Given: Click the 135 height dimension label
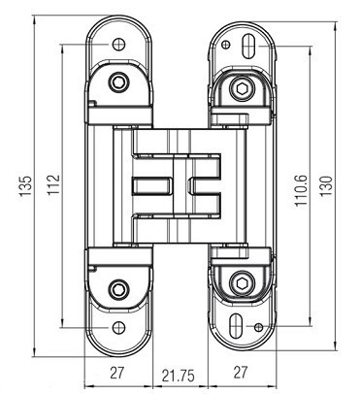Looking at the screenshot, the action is [25, 186].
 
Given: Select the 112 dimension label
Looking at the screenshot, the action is [53, 184].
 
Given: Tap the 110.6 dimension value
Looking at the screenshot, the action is [301, 190].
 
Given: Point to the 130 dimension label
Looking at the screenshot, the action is [327, 185].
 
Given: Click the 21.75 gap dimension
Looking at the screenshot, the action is [179, 376].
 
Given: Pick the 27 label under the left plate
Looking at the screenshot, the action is [116, 373].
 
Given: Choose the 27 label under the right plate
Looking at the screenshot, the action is [240, 372].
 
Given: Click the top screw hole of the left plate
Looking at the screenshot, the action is [118, 44].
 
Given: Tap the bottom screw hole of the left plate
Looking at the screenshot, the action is [118, 328].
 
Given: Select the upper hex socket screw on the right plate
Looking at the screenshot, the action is [242, 87].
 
